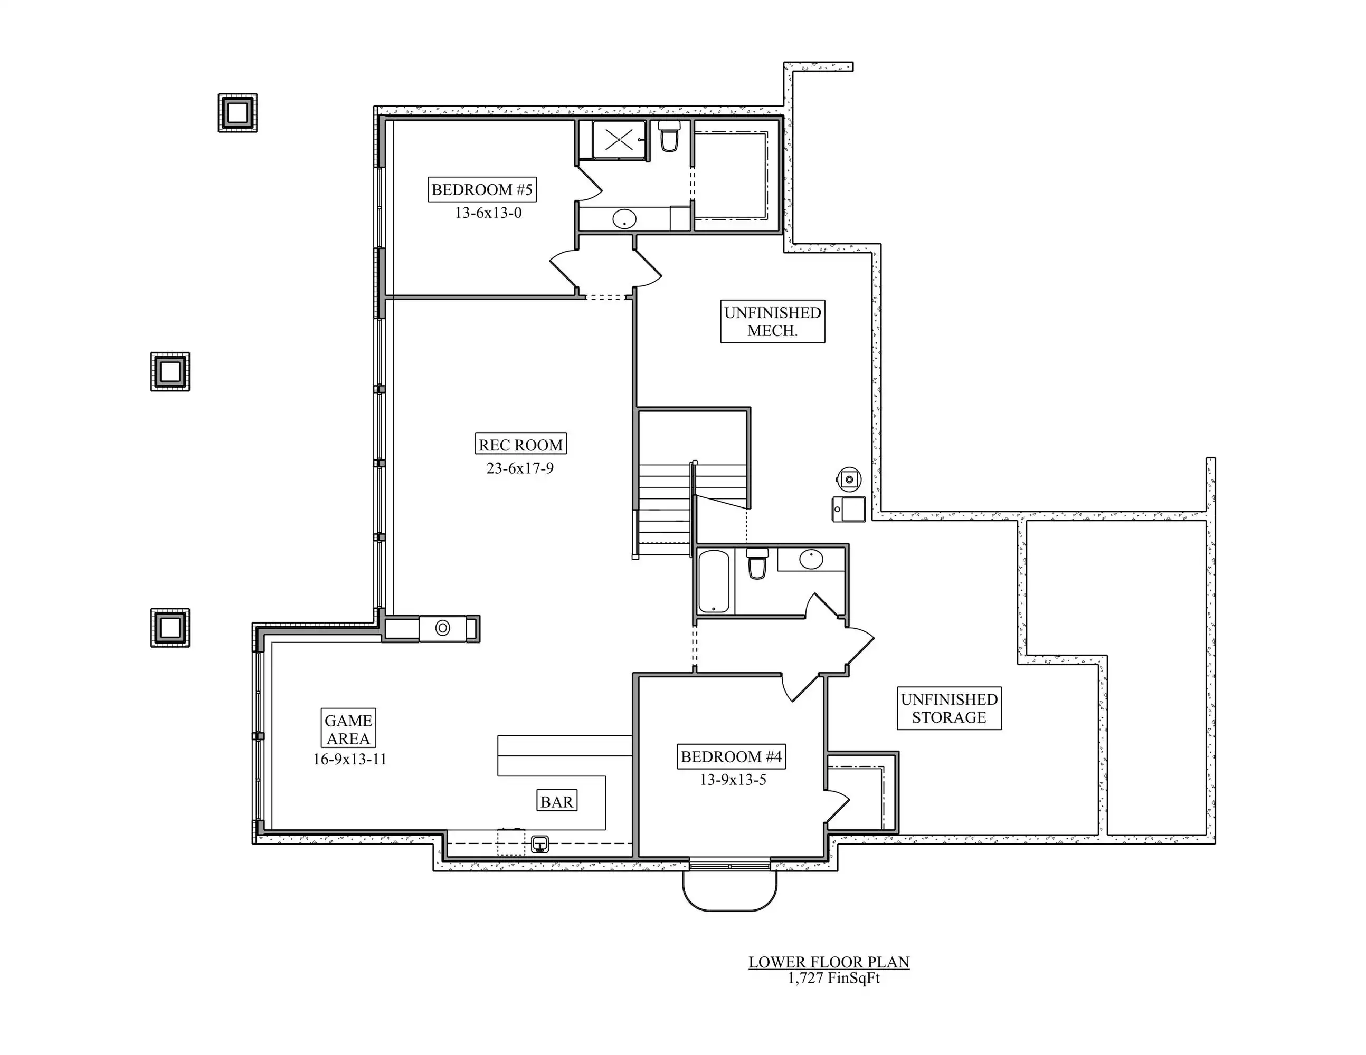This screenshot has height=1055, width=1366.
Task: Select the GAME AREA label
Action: pos(348,729)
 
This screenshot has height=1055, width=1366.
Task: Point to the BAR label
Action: pos(557,801)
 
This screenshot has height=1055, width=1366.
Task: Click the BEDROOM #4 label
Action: pos(731,757)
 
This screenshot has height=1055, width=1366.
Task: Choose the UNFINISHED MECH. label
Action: pos(772,321)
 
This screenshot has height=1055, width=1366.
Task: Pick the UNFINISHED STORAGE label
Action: pos(949,708)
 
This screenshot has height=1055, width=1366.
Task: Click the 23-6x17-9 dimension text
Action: pos(520,468)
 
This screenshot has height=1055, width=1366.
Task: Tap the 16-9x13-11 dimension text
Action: pos(349,760)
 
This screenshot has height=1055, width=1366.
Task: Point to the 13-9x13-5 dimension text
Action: pos(733,779)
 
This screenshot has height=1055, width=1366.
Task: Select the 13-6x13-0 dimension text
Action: pos(488,213)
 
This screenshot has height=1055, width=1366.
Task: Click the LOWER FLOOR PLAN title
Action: pos(829,962)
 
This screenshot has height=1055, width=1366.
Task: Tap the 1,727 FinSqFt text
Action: pos(834,978)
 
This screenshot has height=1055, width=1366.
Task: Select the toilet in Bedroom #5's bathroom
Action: pos(669,136)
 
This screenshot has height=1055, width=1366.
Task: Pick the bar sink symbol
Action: pos(540,845)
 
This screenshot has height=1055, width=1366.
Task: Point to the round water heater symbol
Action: pos(849,479)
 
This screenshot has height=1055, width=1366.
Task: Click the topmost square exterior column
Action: pos(238,112)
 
